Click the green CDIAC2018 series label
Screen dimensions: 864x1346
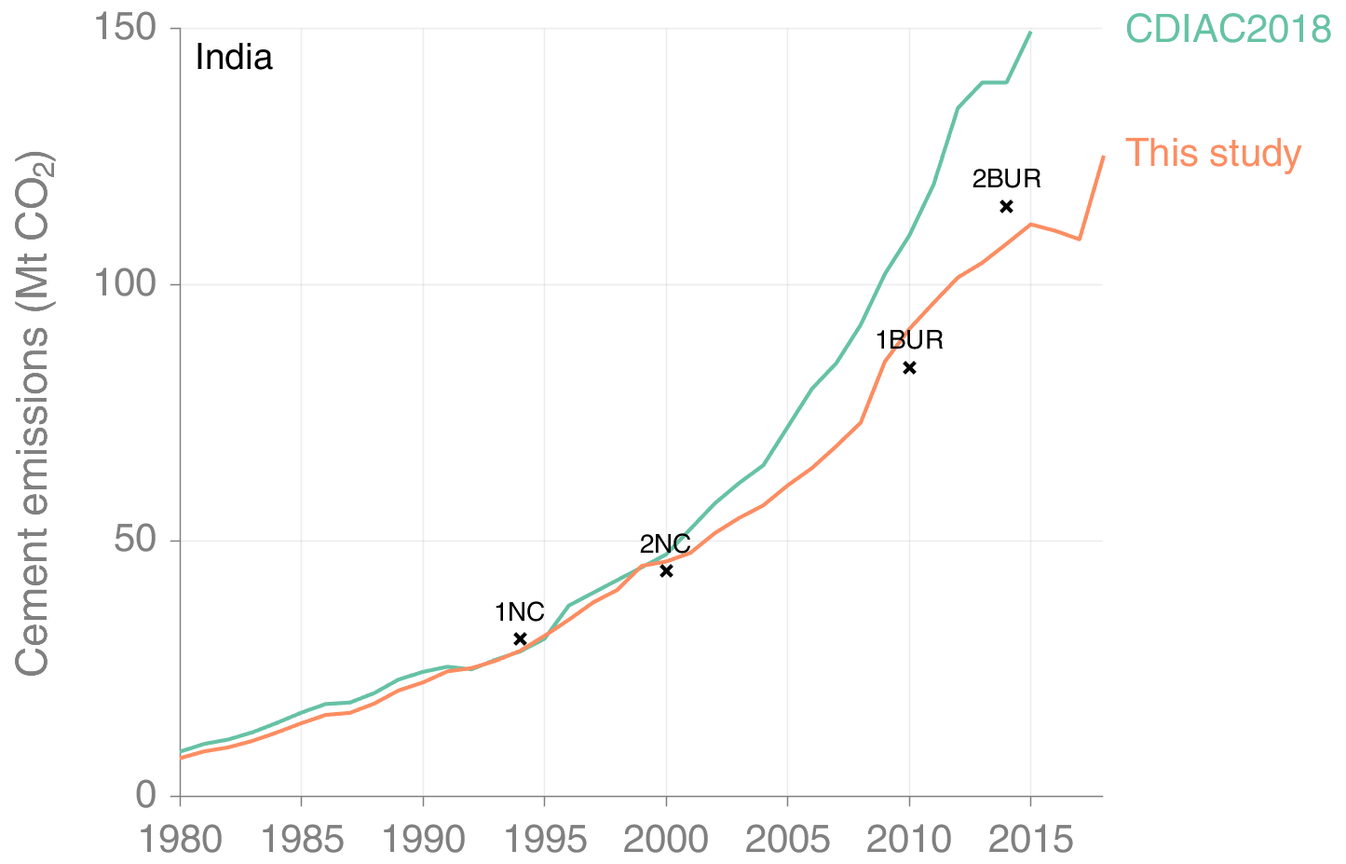[x=1228, y=29]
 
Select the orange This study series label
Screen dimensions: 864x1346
[x=1213, y=153]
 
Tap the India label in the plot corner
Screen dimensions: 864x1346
[x=234, y=58]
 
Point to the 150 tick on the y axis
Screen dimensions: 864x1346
[x=123, y=28]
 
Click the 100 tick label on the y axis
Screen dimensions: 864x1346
[x=123, y=283]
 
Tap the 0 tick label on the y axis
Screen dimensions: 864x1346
[x=146, y=795]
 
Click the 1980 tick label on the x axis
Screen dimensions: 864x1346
[x=181, y=840]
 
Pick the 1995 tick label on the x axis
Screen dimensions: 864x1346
[x=545, y=840]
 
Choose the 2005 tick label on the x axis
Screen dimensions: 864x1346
[x=788, y=840]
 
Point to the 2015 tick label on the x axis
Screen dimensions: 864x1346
[x=1030, y=840]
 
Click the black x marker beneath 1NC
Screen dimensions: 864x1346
[x=521, y=638]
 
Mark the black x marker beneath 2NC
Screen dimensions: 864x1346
[x=666, y=570]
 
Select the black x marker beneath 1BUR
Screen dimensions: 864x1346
[x=909, y=368]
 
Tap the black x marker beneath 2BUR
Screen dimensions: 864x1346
[x=1006, y=206]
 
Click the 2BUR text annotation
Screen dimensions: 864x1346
[x=1006, y=179]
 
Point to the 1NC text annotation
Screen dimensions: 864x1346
[x=519, y=612]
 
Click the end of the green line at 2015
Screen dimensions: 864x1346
[x=1030, y=33]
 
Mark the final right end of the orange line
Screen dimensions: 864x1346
[x=1103, y=157]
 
